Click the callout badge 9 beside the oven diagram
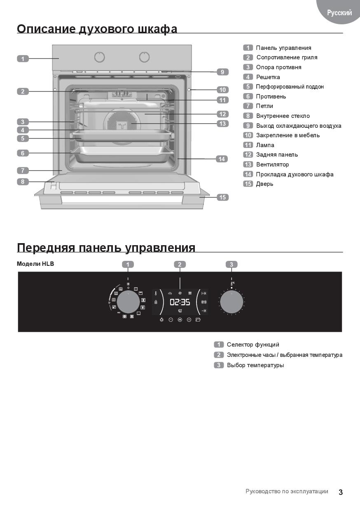pos(222,72)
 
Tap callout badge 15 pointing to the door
pos(222,197)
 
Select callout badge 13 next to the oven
pos(222,124)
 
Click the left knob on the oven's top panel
pos(99,57)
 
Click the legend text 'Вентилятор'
pos(272,164)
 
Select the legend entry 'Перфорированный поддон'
pos(290,87)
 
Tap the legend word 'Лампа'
pos(265,145)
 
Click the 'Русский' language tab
pos(339,13)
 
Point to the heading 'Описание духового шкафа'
pos(97,29)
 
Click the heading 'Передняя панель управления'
pos(106,248)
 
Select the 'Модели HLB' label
pos(35,264)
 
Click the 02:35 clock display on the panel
pos(180,302)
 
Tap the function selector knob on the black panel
pos(128,302)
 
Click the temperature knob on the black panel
pos(231,302)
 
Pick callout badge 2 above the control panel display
pos(180,265)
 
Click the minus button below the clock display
pos(171,320)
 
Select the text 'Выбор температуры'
pos(255,365)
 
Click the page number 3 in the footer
pos(341,492)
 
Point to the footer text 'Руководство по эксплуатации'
pos(287,491)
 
